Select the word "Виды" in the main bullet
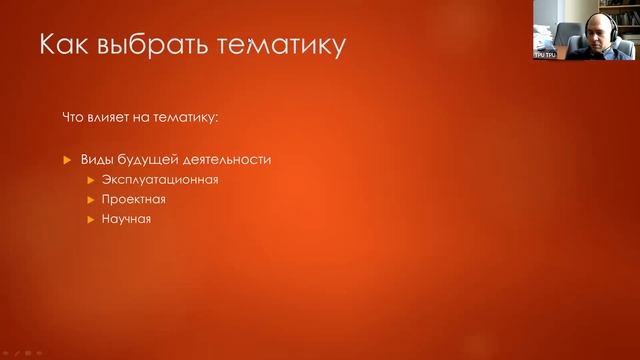tap(96, 159)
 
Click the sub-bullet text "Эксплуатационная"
tap(159, 180)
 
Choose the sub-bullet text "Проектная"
tap(133, 199)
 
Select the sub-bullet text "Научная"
tap(126, 219)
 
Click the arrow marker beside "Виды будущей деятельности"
tap(67, 160)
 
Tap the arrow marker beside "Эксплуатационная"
tap(91, 180)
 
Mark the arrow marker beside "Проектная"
tap(91, 200)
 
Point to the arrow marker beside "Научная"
tap(91, 219)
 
